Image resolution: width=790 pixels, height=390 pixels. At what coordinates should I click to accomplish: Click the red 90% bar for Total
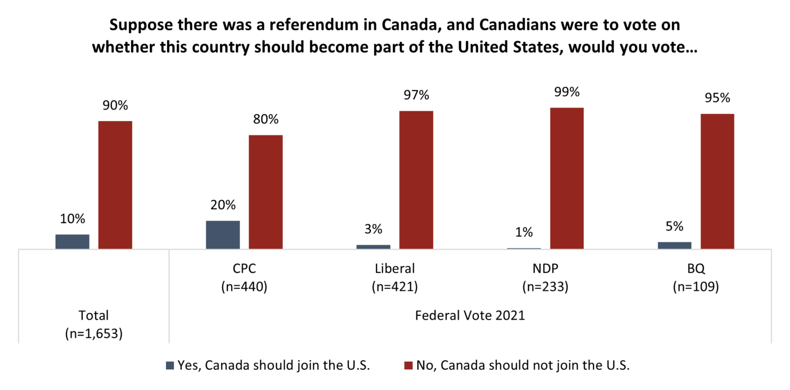[x=115, y=185]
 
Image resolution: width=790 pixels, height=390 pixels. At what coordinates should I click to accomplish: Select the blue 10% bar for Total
[x=72, y=242]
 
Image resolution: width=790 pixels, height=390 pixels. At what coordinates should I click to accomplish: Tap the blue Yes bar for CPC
[x=223, y=235]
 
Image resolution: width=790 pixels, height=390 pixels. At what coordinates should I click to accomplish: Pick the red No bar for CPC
[x=266, y=192]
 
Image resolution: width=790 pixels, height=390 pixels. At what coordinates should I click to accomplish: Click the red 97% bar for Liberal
[x=416, y=180]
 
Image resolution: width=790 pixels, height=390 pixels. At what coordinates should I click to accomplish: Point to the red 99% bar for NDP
[x=567, y=179]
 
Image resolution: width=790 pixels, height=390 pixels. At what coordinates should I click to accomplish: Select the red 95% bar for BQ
[x=717, y=182]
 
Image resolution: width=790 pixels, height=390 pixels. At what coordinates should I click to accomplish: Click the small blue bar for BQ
[x=674, y=245]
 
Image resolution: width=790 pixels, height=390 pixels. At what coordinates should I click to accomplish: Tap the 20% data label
[x=223, y=205]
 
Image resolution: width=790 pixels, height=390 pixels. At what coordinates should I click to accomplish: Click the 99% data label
[x=567, y=92]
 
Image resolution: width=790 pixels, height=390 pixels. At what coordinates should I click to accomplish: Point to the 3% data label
[x=373, y=229]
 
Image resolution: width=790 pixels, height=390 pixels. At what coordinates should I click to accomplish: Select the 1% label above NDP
[x=524, y=232]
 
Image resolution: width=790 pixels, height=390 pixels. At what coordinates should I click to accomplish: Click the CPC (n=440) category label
[x=244, y=277]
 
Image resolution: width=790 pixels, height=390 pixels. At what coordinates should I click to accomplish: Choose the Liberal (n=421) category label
[x=394, y=277]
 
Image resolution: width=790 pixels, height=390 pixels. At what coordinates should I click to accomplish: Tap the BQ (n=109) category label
[x=695, y=277]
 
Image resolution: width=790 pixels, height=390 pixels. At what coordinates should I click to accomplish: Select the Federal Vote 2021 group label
[x=470, y=315]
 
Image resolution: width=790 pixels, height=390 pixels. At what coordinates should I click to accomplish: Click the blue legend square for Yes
[x=170, y=366]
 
